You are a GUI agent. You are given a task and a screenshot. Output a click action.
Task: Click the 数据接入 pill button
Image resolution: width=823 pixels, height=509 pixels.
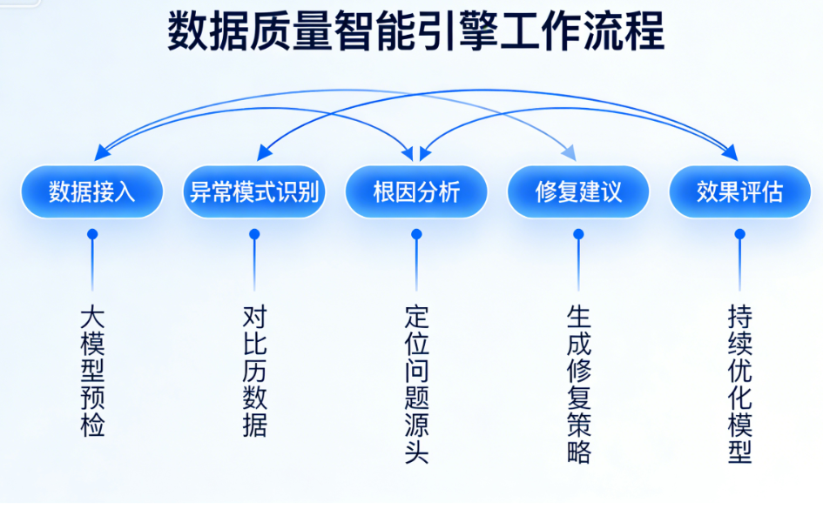[x=92, y=191]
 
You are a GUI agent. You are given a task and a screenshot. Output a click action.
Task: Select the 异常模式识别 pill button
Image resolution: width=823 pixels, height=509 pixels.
[x=254, y=191]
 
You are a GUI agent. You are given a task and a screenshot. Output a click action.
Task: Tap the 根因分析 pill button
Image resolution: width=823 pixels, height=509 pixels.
[x=416, y=191]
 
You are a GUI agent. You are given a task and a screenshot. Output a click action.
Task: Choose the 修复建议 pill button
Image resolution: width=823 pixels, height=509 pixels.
[x=578, y=191]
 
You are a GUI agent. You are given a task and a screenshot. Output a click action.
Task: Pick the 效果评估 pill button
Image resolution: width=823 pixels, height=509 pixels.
[x=739, y=191]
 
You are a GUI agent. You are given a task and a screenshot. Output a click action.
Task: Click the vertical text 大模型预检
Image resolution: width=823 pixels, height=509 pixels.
[x=92, y=370]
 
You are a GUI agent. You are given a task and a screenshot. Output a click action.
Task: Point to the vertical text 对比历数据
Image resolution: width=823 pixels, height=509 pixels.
[x=254, y=370]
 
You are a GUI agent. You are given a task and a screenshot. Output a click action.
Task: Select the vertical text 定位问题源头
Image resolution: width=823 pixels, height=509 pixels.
[x=416, y=383]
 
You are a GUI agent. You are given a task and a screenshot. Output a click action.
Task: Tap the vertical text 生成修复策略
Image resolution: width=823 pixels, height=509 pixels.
[x=578, y=383]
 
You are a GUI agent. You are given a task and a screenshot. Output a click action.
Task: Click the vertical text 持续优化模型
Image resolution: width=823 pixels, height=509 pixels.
[x=739, y=383]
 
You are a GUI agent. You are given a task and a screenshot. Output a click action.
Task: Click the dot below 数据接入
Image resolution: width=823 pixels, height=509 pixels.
[x=92, y=234]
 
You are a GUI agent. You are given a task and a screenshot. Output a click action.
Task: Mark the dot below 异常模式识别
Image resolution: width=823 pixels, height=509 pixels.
[x=254, y=234]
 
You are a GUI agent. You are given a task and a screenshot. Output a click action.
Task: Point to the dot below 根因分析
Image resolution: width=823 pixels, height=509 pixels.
[x=416, y=234]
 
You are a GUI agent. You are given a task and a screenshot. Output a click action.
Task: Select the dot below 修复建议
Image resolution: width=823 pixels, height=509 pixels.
[x=578, y=234]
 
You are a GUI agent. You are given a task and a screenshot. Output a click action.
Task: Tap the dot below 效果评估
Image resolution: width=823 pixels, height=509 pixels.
[x=739, y=234]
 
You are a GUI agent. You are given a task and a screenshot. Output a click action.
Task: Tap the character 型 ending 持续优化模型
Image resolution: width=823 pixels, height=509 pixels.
[x=739, y=452]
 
